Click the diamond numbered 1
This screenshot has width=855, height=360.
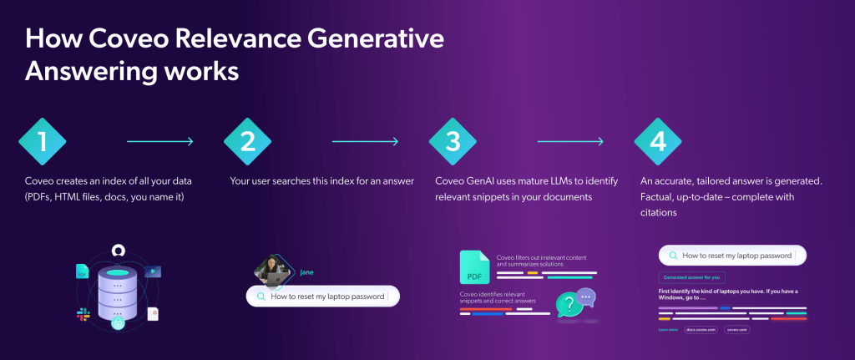coord(43,141)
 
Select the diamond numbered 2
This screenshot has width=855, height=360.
coord(248,141)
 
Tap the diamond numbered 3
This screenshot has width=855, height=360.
coord(453,141)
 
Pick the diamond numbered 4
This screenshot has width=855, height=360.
coord(659,141)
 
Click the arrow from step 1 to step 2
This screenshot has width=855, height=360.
coord(159,141)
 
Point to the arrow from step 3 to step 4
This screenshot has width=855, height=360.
coord(570,141)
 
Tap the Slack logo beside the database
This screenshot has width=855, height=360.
coord(84,313)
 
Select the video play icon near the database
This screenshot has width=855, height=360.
coord(153,271)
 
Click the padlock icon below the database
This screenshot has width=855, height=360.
coord(119,323)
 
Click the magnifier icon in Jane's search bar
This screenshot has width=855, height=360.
coord(261,296)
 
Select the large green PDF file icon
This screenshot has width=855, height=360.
coord(474,266)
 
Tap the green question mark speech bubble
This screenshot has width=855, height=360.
coord(569,303)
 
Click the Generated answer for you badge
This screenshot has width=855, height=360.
coord(692,276)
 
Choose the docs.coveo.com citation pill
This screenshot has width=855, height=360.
coord(701,330)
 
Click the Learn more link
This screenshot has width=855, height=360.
coord(668,330)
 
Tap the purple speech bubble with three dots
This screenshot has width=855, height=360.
coord(586,295)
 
